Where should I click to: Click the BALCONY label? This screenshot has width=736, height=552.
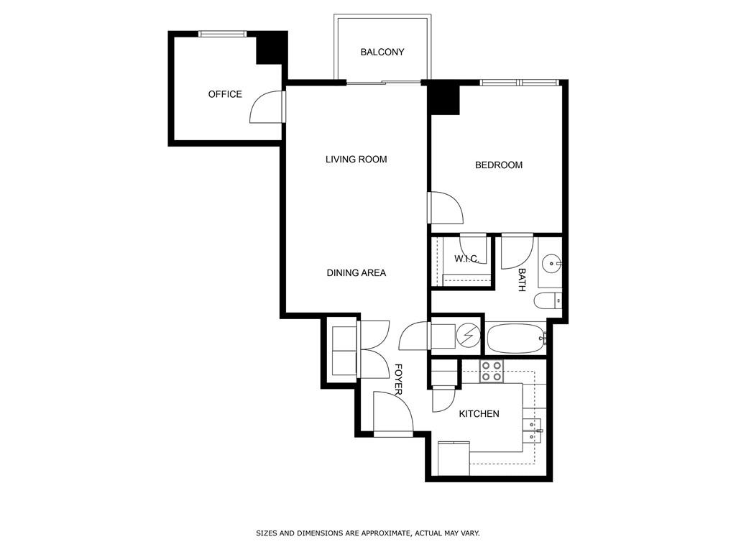(382, 52)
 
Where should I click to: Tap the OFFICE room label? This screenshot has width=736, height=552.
(225, 94)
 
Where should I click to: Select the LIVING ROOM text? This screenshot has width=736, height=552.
(356, 160)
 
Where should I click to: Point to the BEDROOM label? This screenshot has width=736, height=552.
(498, 165)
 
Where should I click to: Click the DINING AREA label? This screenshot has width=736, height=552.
(356, 273)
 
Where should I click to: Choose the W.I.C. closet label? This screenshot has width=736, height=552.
(466, 259)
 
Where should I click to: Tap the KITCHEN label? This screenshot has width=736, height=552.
(479, 414)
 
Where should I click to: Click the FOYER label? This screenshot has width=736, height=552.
(397, 379)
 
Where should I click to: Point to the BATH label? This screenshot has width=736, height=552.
(522, 280)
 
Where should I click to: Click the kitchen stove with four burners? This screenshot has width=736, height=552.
(492, 371)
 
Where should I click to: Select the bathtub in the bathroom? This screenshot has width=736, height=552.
(516, 339)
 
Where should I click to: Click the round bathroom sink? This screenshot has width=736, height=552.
(552, 264)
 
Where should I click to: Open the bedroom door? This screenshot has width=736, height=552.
(446, 209)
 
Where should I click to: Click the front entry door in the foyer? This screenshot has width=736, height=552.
(392, 415)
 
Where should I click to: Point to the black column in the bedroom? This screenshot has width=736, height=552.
(443, 99)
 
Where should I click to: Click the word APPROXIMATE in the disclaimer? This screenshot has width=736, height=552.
(385, 533)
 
